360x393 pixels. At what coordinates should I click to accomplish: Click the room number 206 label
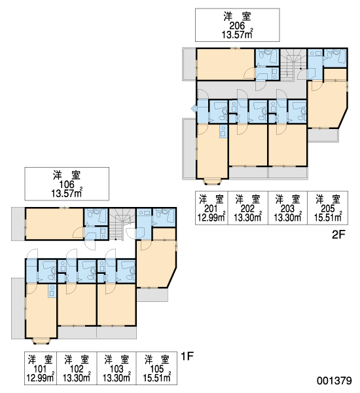(x=237, y=26)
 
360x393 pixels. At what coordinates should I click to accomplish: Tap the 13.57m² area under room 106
(x=67, y=193)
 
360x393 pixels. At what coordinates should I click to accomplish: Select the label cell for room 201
(x=211, y=208)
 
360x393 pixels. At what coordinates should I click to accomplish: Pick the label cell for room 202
(x=248, y=208)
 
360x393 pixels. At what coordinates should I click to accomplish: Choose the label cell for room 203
(x=288, y=208)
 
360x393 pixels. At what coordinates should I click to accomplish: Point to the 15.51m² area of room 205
(x=328, y=217)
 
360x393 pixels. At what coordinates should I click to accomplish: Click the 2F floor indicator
(x=338, y=235)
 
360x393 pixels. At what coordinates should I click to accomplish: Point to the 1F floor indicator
(x=187, y=356)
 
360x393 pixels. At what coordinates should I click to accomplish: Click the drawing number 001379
(x=334, y=381)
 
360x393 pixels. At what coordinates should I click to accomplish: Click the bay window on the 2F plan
(x=213, y=181)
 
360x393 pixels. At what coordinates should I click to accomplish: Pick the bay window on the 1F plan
(x=41, y=341)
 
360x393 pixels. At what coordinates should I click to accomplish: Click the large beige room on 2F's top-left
(x=225, y=64)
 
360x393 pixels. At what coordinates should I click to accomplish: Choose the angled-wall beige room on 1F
(x=156, y=263)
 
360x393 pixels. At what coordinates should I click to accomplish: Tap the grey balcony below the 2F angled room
(x=323, y=136)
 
